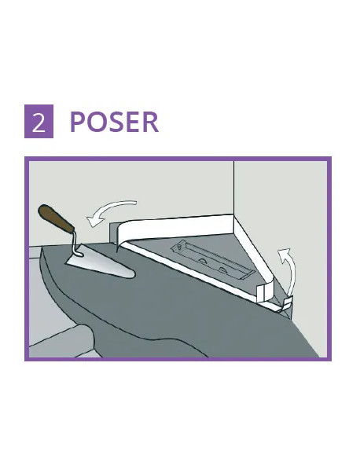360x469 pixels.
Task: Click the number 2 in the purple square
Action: (39, 123)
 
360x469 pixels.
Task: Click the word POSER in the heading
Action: (114, 123)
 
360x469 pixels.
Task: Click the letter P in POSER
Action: (78, 123)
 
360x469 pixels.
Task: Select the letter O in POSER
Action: (96, 123)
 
